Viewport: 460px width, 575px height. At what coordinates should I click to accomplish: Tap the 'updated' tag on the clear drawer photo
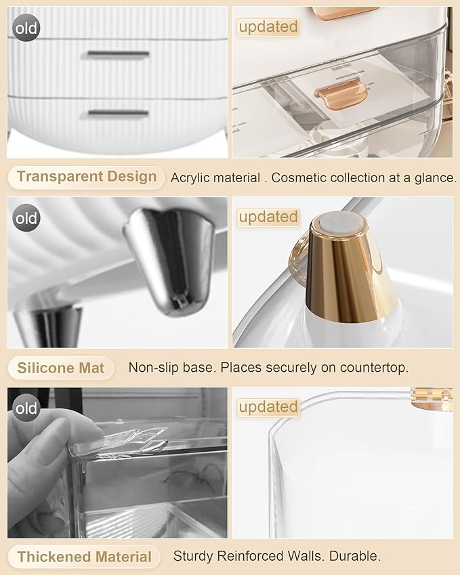coord(268,27)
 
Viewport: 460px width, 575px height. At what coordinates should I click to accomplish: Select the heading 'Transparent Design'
coord(86,177)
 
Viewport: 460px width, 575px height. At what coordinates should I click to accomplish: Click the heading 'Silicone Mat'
coord(61,368)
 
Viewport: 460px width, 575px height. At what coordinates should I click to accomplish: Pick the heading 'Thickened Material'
coord(84,557)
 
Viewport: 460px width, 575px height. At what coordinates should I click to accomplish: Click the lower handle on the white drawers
coord(118,112)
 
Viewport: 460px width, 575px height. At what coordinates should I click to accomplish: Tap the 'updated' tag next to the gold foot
coord(268,217)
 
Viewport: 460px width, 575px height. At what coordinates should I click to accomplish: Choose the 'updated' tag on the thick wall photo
coord(268,407)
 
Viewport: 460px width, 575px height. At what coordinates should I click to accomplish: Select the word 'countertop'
coord(375,368)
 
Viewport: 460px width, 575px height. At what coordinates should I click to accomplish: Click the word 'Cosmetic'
coord(305,178)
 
